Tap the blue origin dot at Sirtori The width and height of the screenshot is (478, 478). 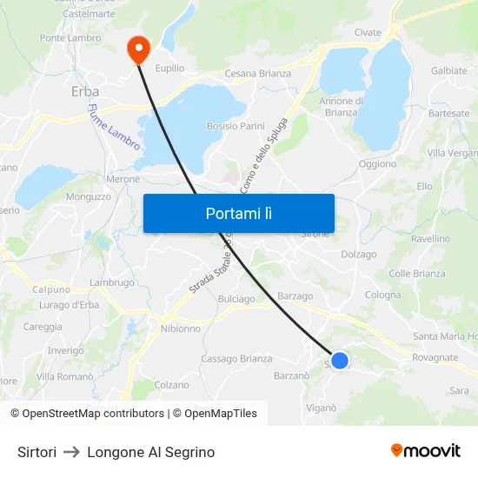(x=340, y=360)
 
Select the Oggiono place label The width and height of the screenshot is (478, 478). (x=377, y=163)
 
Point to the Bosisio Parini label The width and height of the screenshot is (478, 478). (x=236, y=126)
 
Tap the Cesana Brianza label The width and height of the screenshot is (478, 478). (x=258, y=73)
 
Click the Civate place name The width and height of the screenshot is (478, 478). (x=368, y=33)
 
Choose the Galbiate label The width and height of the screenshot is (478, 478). (x=449, y=70)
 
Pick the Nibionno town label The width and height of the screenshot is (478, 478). (x=181, y=329)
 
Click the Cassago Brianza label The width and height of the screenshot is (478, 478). (x=236, y=359)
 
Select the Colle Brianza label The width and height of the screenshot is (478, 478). (x=417, y=274)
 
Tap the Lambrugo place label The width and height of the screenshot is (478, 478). (x=112, y=282)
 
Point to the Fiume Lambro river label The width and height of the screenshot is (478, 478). (x=113, y=127)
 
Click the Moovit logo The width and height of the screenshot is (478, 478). (x=426, y=450)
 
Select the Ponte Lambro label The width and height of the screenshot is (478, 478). (x=70, y=38)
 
